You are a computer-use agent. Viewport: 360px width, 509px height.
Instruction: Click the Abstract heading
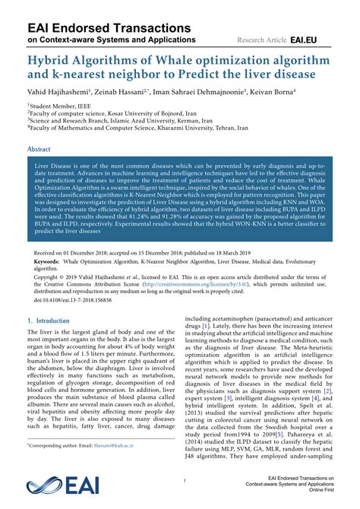[39, 150]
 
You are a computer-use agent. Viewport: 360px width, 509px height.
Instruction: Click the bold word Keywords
[47, 261]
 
